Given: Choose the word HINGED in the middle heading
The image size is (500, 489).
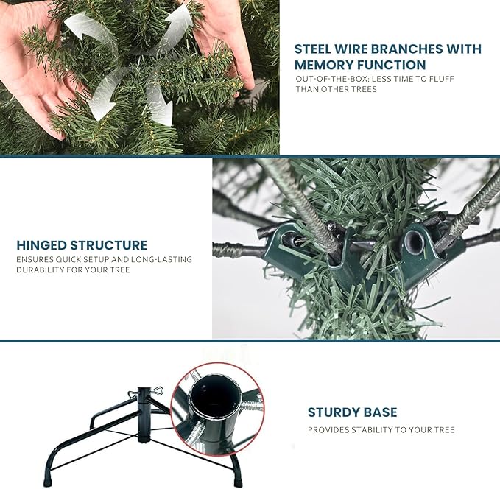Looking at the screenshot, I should pos(41,245).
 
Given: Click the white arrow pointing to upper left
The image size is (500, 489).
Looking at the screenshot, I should pos(82,27).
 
